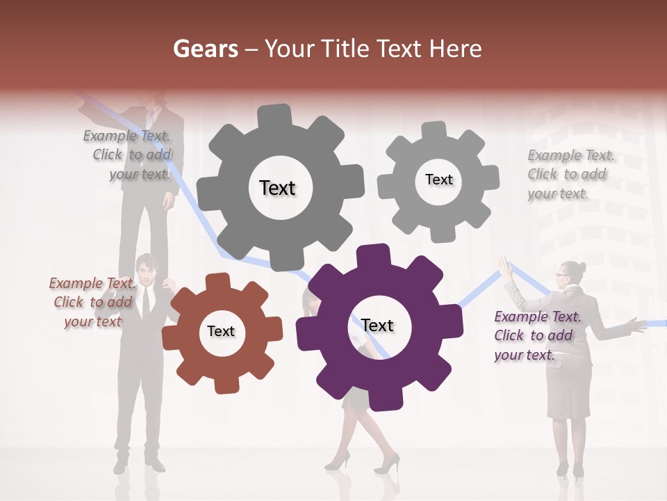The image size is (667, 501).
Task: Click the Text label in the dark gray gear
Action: click(277, 188)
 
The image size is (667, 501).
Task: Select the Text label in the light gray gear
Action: click(438, 180)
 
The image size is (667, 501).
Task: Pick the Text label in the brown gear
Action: click(220, 331)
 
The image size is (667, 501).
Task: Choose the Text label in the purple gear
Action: click(377, 326)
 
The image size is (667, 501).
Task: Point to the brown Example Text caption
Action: click(90, 302)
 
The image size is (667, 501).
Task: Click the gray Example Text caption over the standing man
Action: click(128, 154)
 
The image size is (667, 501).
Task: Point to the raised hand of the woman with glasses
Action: click(504, 268)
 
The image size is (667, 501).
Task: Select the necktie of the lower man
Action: click(146, 301)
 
